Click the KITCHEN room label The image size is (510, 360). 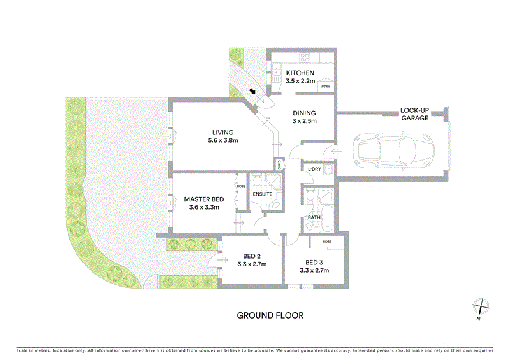click(x=300, y=73)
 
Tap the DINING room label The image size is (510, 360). click(x=304, y=111)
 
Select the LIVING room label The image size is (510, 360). click(x=223, y=133)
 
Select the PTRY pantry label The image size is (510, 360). click(x=325, y=87)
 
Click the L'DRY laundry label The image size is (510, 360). click(x=314, y=169)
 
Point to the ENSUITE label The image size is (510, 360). click(x=263, y=194)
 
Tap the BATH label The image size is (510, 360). click(x=314, y=217)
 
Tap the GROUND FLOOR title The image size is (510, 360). click(x=270, y=315)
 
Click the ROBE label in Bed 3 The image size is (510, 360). click(x=326, y=242)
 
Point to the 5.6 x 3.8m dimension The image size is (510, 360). click(x=223, y=143)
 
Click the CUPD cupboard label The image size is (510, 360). click(x=279, y=164)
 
